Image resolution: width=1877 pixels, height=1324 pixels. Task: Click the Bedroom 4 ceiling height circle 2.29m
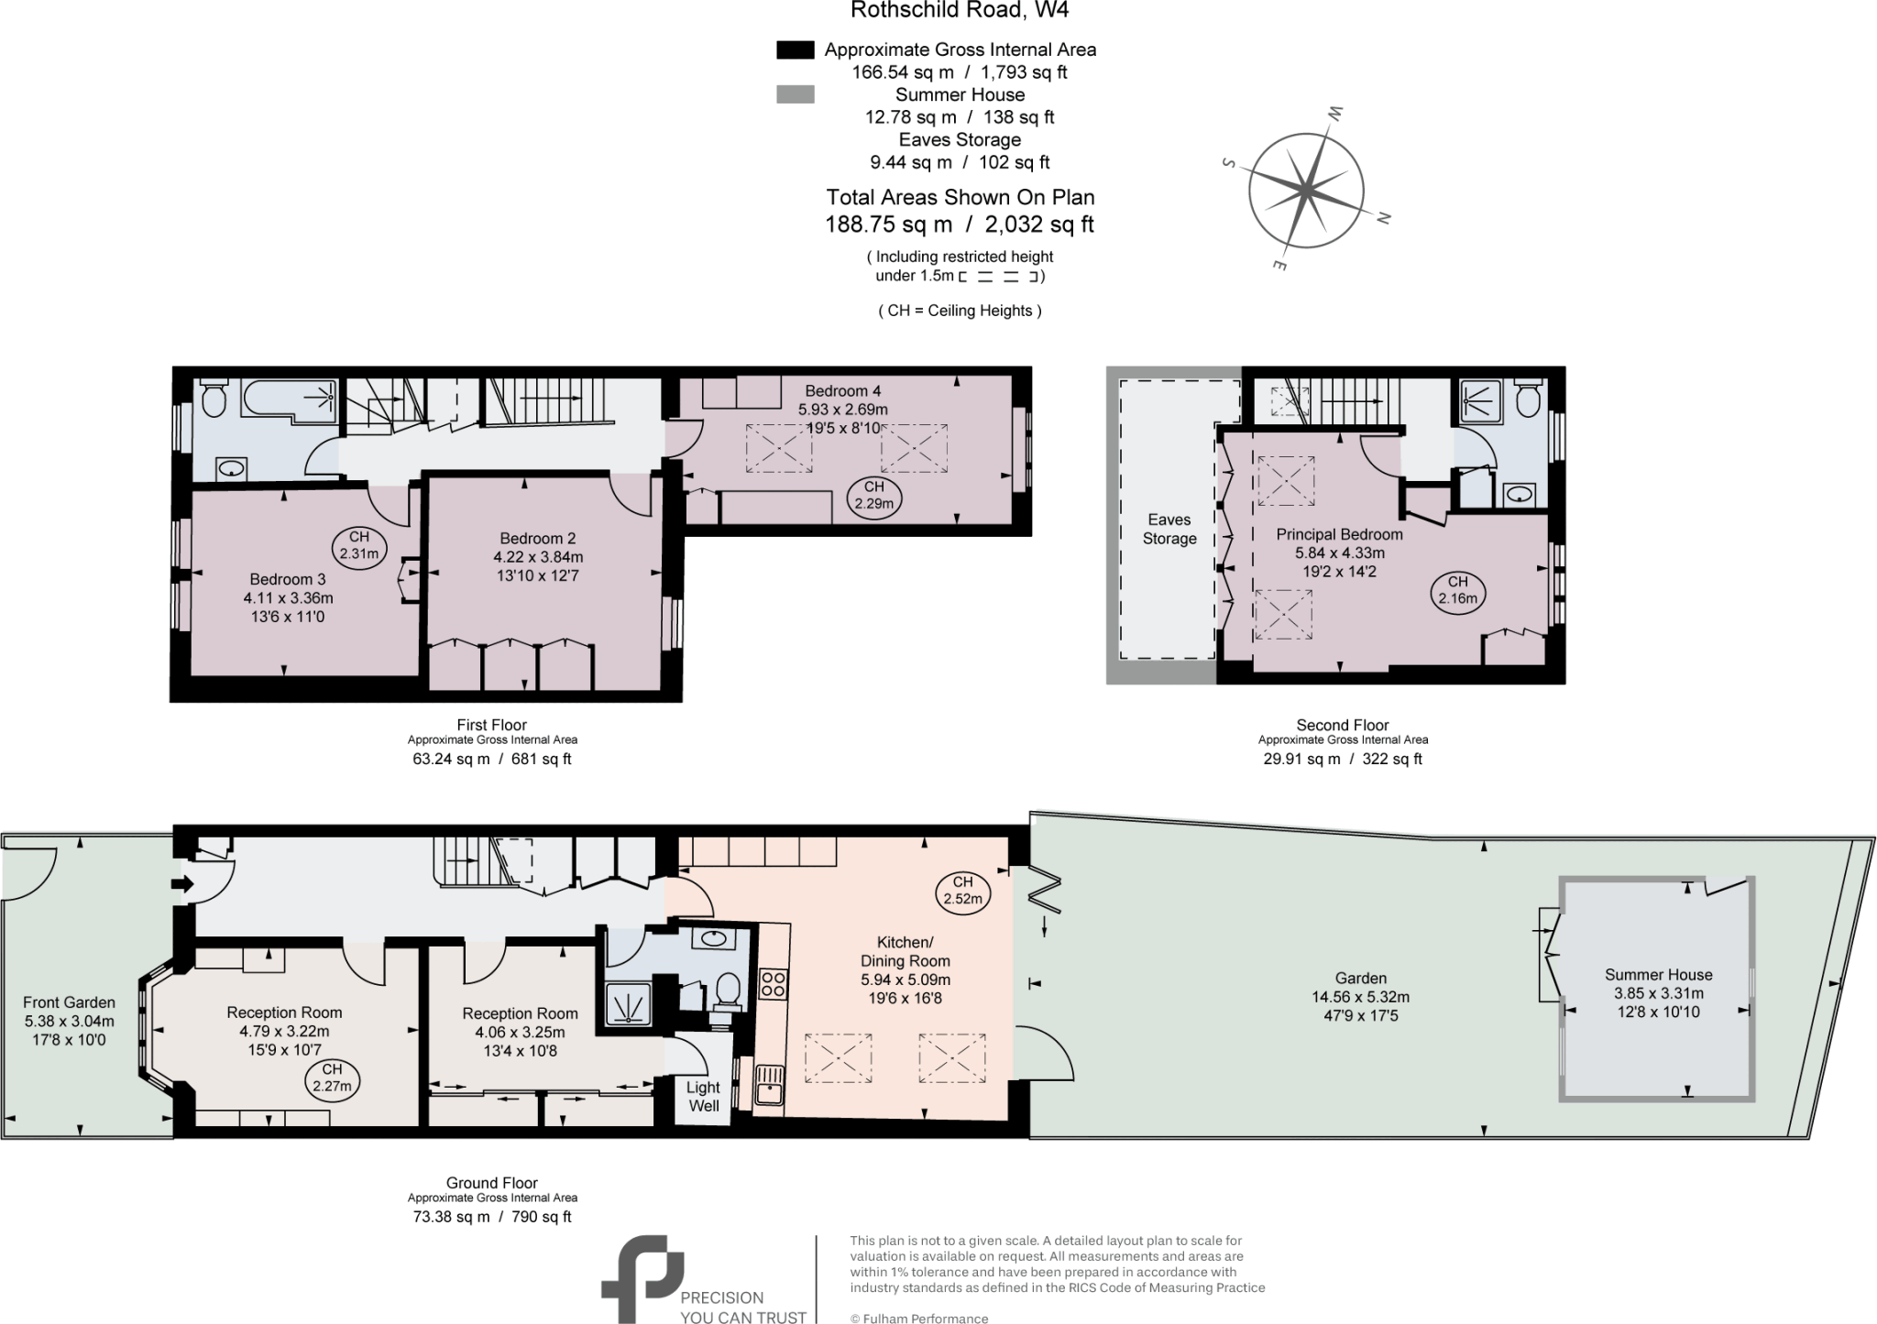point(873,496)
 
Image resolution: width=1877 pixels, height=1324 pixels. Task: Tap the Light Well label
point(703,1096)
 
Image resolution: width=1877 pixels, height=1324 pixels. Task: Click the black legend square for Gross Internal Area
point(795,50)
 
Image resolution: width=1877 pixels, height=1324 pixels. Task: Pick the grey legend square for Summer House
point(795,94)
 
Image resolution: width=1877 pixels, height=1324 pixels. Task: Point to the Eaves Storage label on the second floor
point(1169,530)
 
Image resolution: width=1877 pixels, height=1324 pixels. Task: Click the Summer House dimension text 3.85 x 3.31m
point(1658,993)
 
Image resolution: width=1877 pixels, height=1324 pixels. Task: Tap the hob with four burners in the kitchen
point(774,985)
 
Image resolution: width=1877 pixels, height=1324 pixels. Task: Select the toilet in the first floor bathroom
point(213,399)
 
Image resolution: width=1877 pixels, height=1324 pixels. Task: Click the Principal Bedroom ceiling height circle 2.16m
point(1457,591)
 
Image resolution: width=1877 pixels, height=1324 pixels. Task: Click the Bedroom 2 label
point(537,538)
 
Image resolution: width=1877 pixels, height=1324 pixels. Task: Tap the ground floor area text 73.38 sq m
point(451,1217)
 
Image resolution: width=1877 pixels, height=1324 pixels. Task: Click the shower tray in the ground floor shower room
point(628,1005)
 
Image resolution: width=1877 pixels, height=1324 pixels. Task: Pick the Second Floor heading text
point(1342,725)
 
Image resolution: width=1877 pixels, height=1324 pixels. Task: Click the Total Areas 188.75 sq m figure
point(888,224)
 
